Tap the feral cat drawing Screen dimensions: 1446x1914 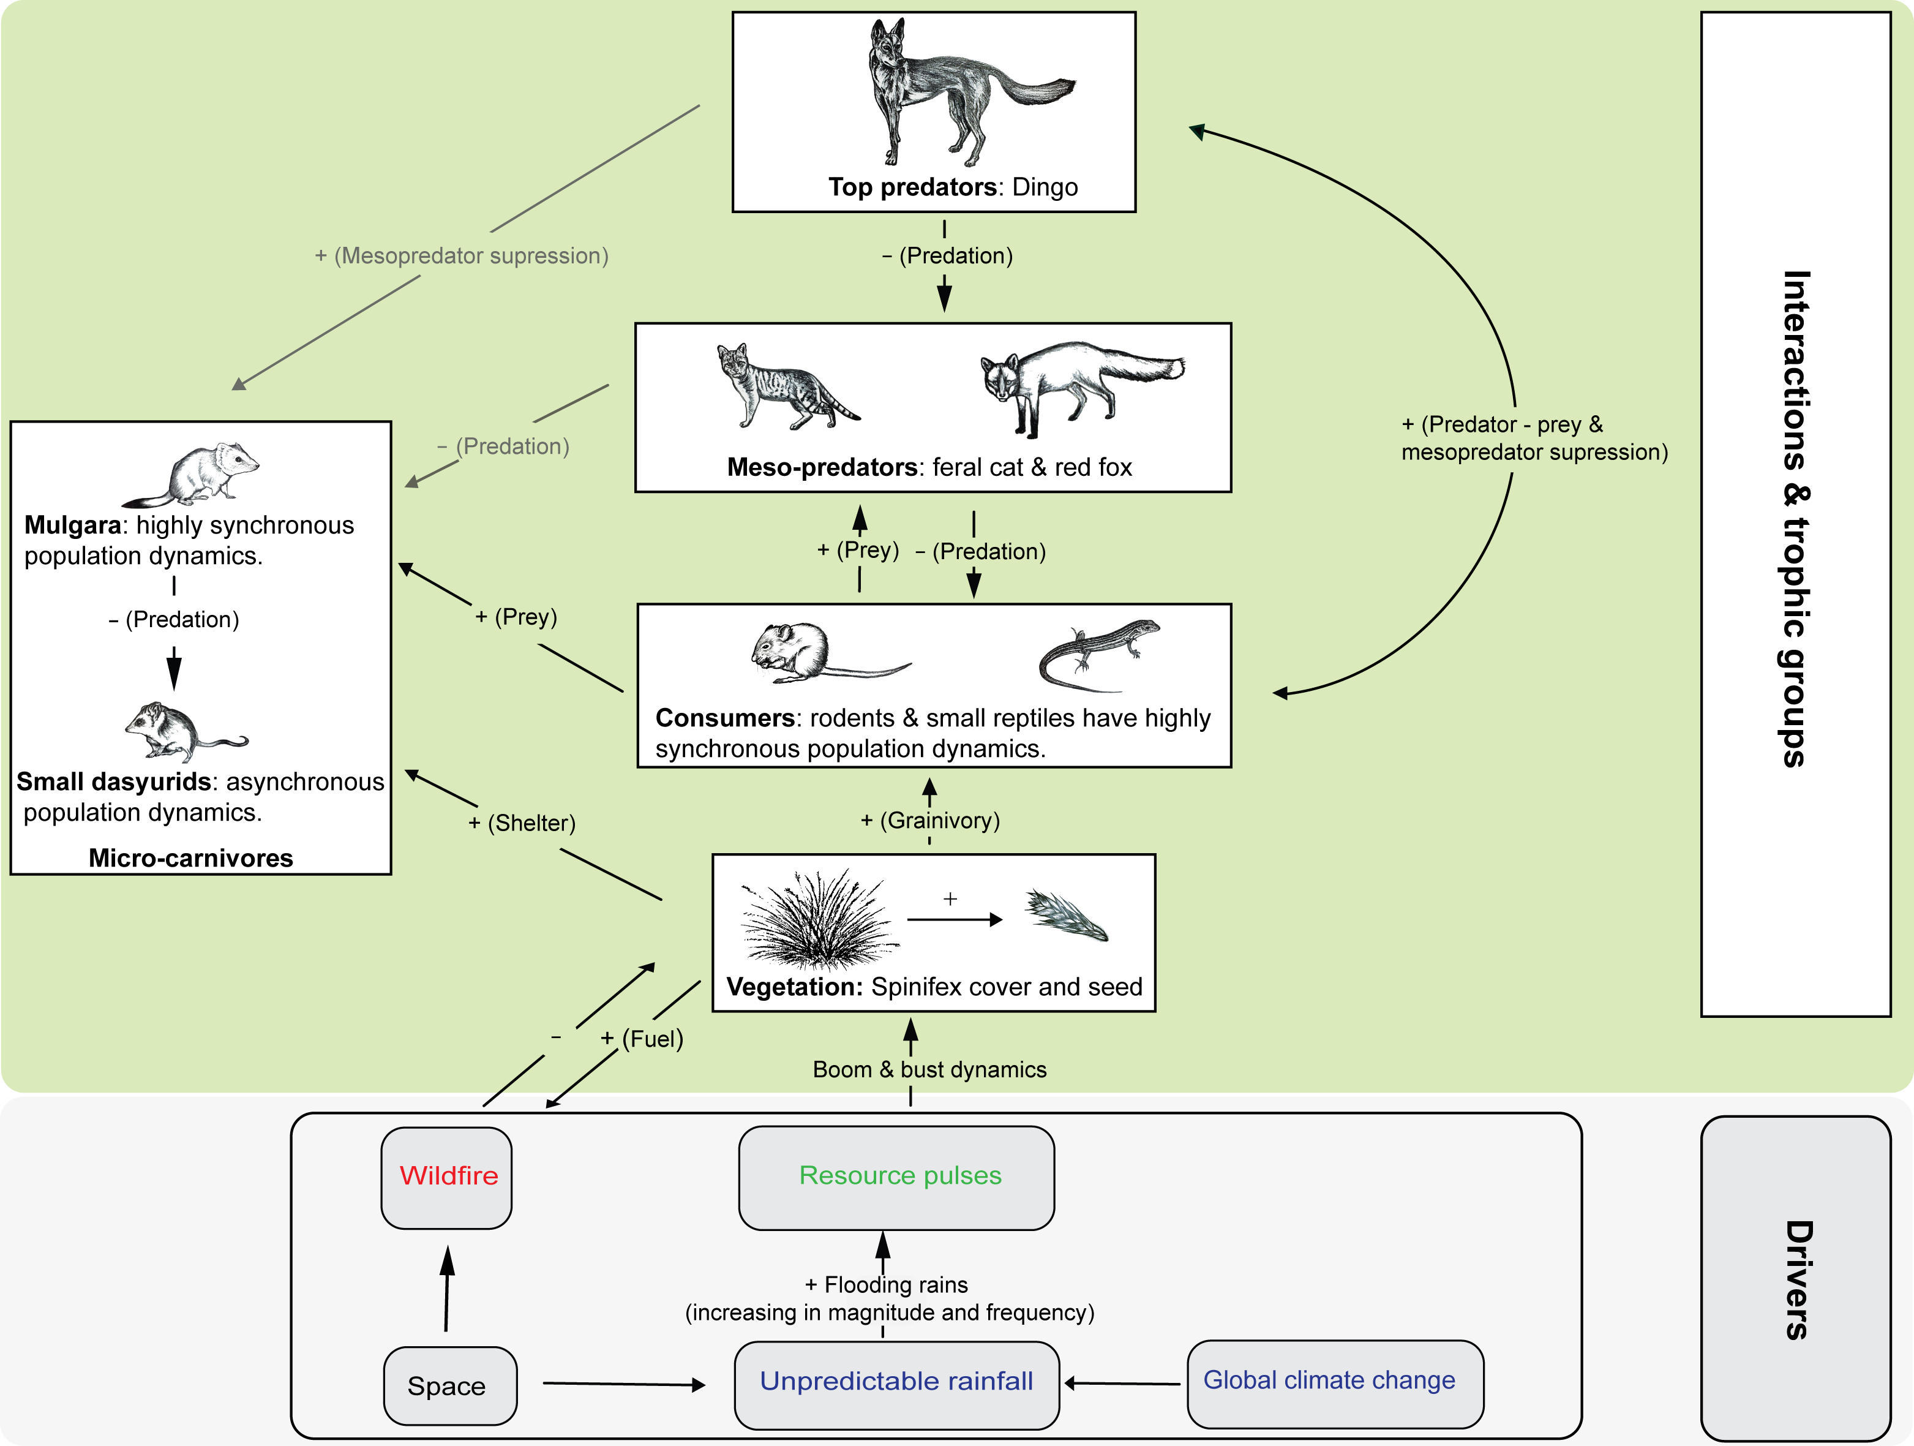(x=783, y=388)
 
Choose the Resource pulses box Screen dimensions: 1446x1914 (x=896, y=1177)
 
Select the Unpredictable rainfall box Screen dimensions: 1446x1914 (x=896, y=1382)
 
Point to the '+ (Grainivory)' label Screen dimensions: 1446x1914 (x=930, y=820)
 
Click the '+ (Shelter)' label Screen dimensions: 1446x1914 (x=522, y=823)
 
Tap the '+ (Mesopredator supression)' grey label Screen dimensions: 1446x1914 (x=461, y=256)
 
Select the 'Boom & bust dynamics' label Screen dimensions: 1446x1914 (x=929, y=1069)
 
